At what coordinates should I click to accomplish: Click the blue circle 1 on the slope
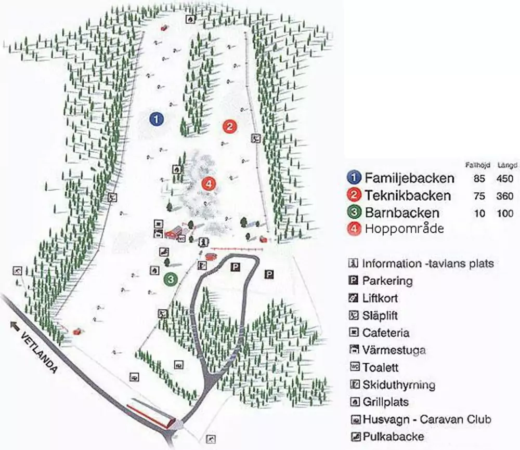coord(156,119)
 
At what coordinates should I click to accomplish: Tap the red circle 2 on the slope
coord(229,126)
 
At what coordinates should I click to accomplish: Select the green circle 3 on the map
coord(171,279)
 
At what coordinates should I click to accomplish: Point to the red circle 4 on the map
coord(208,183)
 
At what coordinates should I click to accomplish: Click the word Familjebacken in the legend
coord(409,178)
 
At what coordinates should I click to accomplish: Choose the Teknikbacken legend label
coord(407,195)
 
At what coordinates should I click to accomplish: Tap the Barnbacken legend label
coord(402,213)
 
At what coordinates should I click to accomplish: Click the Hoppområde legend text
coord(404,229)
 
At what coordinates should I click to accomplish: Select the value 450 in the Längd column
coord(504,179)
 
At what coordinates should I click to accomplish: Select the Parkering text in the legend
coord(387,281)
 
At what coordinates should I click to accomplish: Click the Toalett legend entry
coord(381,367)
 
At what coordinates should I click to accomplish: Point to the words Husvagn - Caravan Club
coord(426,419)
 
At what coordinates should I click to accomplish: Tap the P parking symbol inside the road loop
coord(236,267)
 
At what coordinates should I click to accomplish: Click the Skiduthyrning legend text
coord(398,385)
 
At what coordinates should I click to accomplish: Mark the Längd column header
coord(508,165)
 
